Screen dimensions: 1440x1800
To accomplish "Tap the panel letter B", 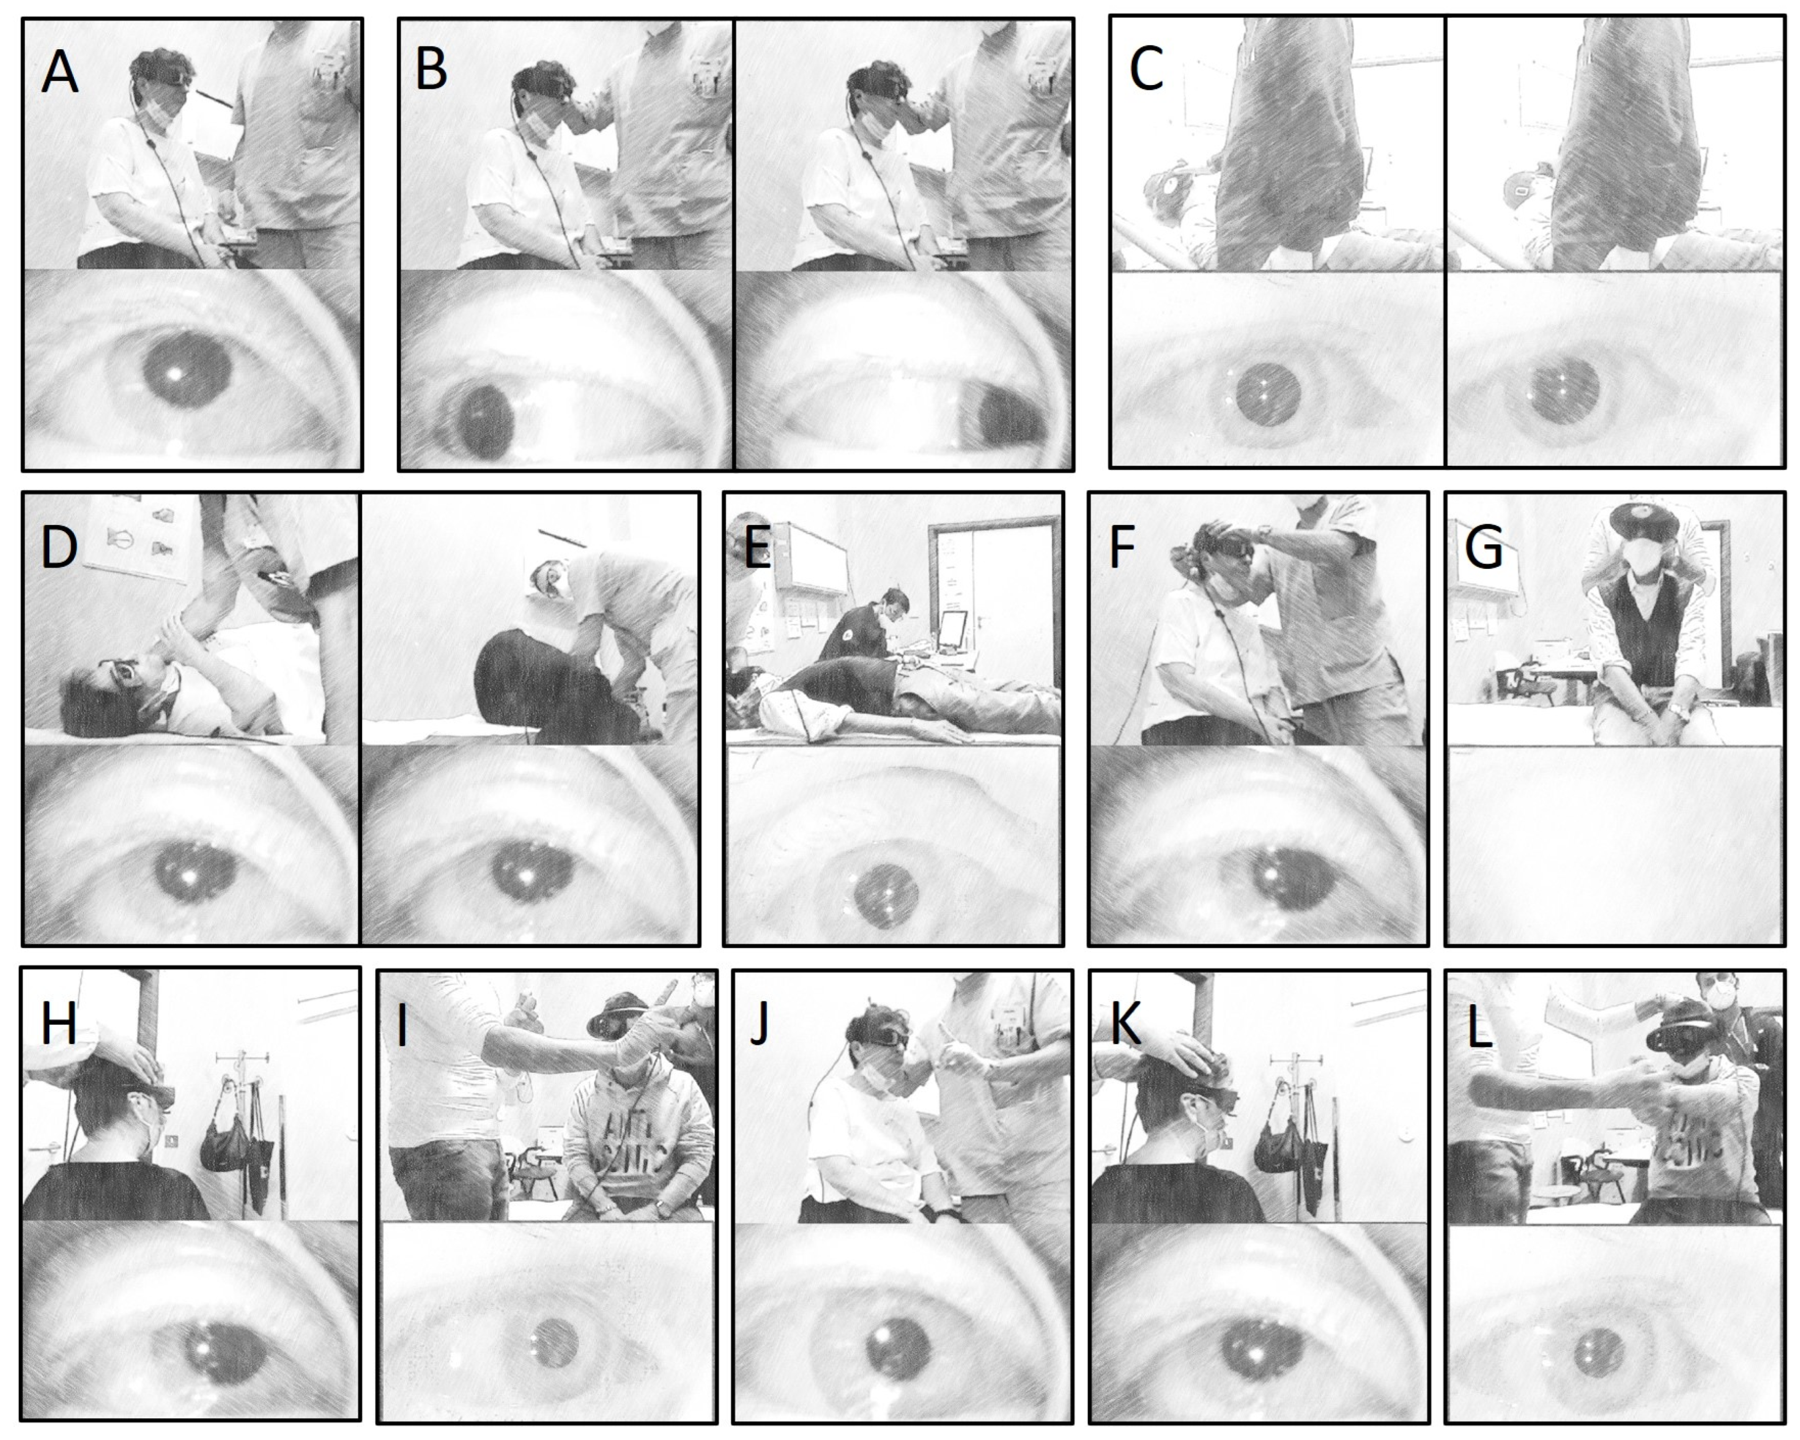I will (x=431, y=69).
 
